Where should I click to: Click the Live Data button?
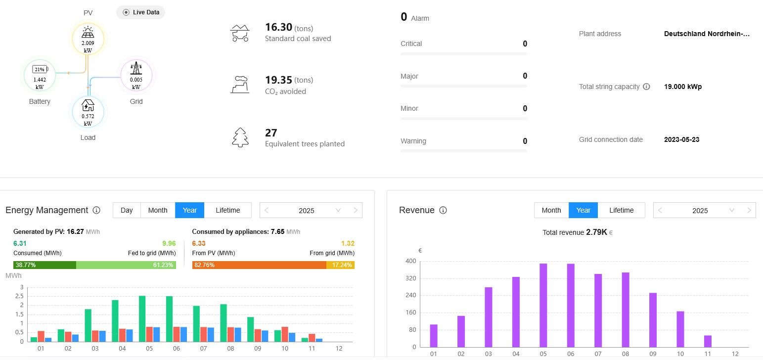tap(140, 12)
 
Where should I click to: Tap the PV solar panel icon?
tap(88, 33)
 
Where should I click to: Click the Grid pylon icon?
tap(136, 69)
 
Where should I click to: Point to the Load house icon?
tap(88, 105)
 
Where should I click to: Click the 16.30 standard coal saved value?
tap(279, 28)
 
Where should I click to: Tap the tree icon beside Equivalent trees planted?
tap(240, 137)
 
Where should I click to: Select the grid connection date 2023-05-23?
tap(681, 139)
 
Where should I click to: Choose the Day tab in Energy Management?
tap(127, 210)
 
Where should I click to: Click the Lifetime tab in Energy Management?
tap(227, 210)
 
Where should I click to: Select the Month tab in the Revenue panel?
tap(551, 210)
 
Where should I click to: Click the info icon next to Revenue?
tap(443, 210)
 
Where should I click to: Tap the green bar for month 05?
tap(142, 318)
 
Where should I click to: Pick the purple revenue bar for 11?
tap(708, 341)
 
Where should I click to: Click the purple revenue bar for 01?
tap(434, 335)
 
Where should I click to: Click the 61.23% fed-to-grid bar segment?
tap(126, 265)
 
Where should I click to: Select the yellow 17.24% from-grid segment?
tap(340, 265)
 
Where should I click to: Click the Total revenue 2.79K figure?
tap(596, 232)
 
